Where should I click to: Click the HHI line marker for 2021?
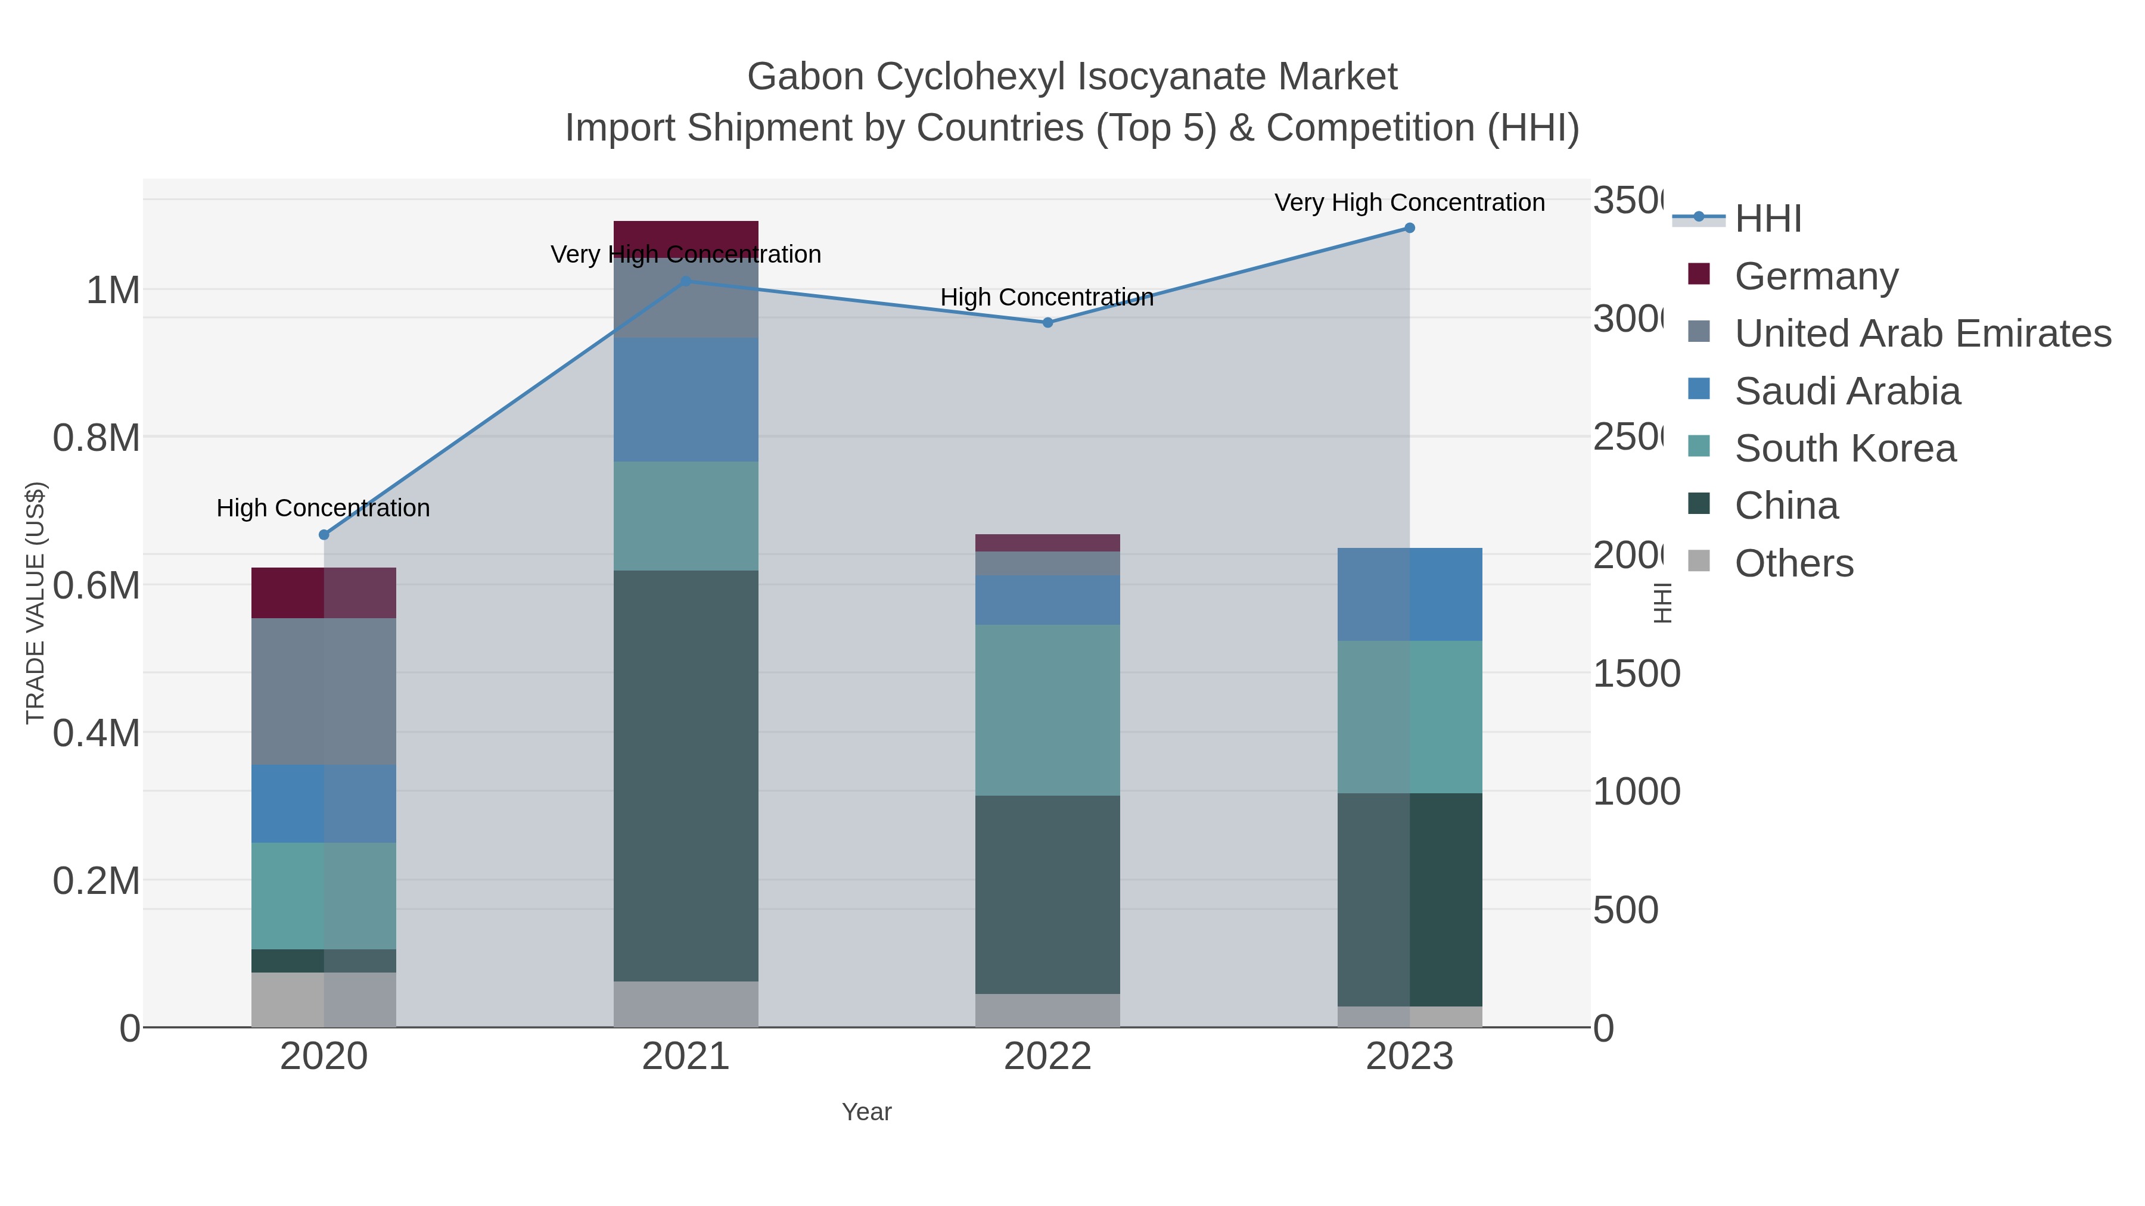click(x=686, y=281)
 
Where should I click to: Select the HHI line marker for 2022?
click(x=1047, y=323)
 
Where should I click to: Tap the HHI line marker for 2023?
click(x=1410, y=228)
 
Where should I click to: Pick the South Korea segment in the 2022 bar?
click(x=1047, y=709)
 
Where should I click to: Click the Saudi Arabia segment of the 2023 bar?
click(x=1410, y=594)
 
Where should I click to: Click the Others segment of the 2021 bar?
click(x=686, y=1004)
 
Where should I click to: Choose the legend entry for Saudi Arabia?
click(x=1847, y=391)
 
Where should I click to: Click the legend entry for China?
click(x=1786, y=506)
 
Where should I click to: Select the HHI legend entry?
click(x=1768, y=219)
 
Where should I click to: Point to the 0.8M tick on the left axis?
click(x=96, y=438)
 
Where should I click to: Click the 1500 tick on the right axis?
click(x=1636, y=674)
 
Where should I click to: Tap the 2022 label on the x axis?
click(x=1047, y=1057)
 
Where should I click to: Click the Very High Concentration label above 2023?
click(x=1409, y=202)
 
